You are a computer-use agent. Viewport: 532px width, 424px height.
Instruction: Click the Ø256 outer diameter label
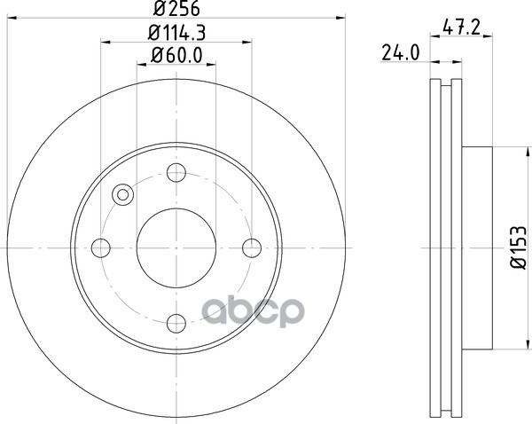[176, 8]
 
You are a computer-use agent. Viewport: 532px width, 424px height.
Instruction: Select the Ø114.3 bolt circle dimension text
[176, 33]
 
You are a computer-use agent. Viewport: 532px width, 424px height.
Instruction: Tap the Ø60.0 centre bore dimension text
[176, 55]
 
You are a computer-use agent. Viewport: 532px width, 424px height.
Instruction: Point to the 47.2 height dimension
[462, 27]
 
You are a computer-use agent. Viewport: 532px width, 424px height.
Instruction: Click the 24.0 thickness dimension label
[401, 53]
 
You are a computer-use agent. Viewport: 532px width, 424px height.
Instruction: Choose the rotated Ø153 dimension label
[519, 247]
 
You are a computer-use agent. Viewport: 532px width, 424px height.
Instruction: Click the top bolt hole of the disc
[176, 172]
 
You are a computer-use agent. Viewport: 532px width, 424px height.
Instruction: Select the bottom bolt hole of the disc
[176, 323]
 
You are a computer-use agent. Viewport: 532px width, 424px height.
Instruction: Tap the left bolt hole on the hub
[101, 247]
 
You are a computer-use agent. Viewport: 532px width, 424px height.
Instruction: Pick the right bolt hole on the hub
[252, 247]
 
